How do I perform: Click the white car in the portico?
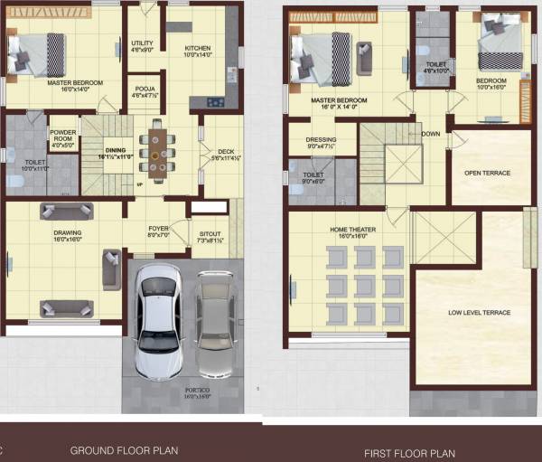(158, 321)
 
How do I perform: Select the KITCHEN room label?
(198, 49)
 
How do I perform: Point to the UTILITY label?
(142, 42)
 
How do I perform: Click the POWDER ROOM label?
(62, 133)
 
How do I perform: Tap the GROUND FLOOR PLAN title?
(125, 449)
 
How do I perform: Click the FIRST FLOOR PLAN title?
(409, 453)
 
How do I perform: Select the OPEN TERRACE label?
(488, 173)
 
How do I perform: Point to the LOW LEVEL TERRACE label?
(480, 313)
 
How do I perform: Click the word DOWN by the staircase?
(431, 134)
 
